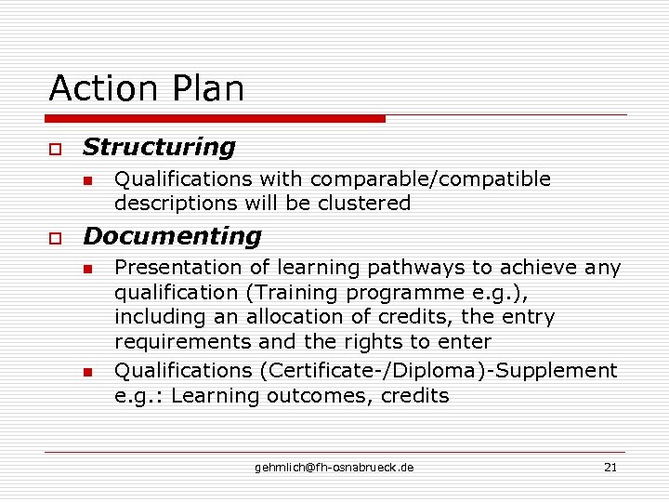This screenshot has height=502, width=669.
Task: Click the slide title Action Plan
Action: [x=147, y=89]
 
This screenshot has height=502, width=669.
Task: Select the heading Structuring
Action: [x=159, y=147]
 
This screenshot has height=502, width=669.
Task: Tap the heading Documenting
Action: [x=172, y=236]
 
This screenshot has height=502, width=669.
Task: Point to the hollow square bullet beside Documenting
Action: [x=56, y=239]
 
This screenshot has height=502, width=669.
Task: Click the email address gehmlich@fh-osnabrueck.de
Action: [x=334, y=467]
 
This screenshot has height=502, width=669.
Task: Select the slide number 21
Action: [x=610, y=467]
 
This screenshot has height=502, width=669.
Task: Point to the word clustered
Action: [x=365, y=204]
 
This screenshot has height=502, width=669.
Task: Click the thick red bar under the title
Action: [x=216, y=119]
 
